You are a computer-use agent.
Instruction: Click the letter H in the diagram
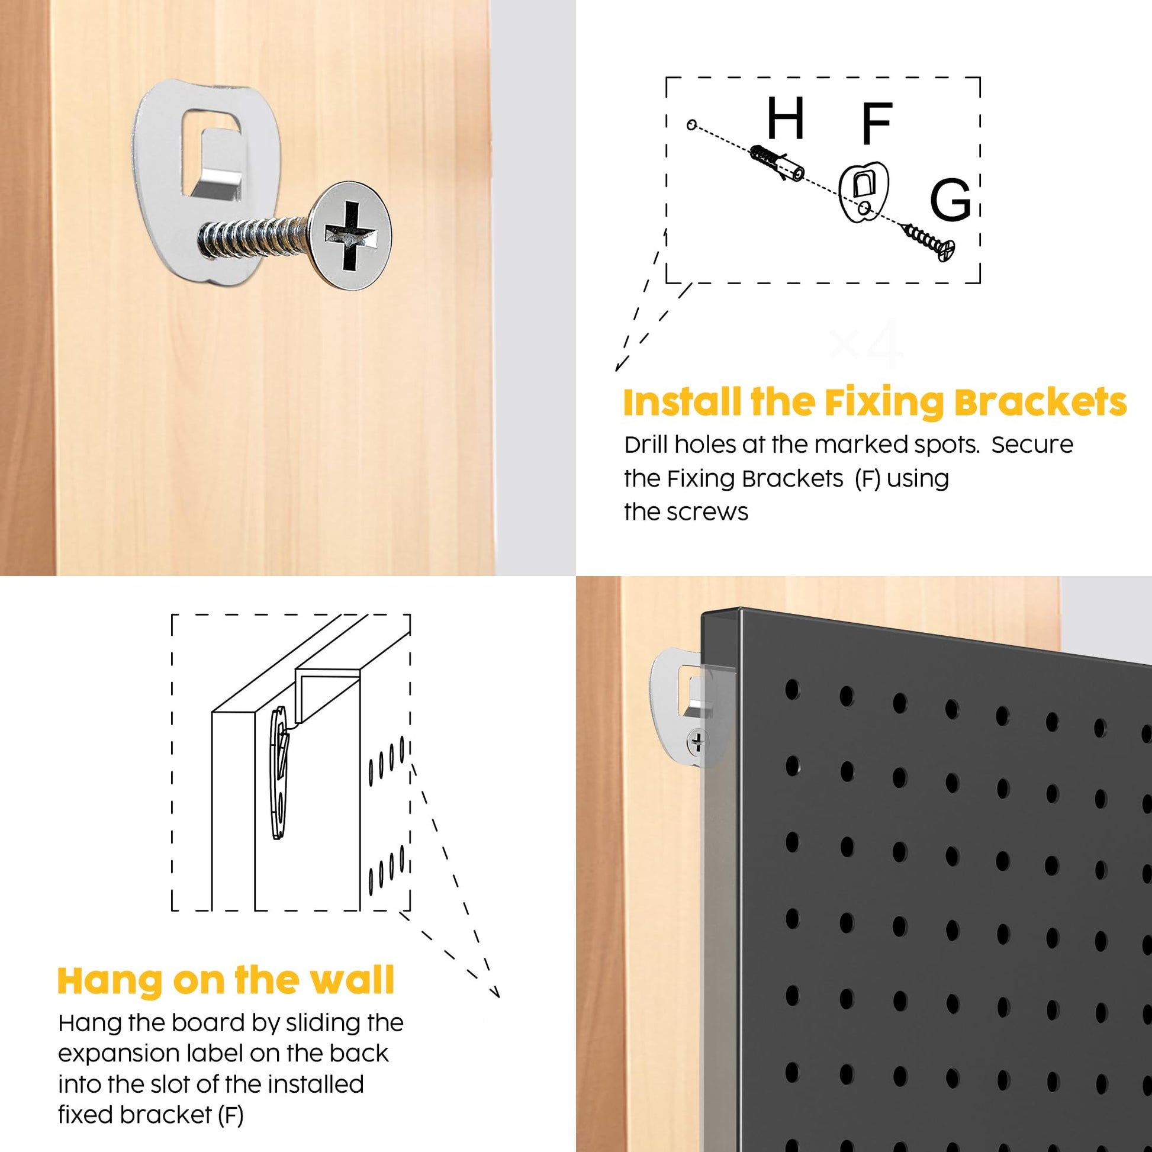(786, 118)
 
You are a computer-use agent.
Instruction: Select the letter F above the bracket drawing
(877, 123)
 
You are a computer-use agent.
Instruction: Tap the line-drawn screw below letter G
(931, 241)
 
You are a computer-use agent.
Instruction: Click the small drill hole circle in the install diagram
(691, 125)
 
